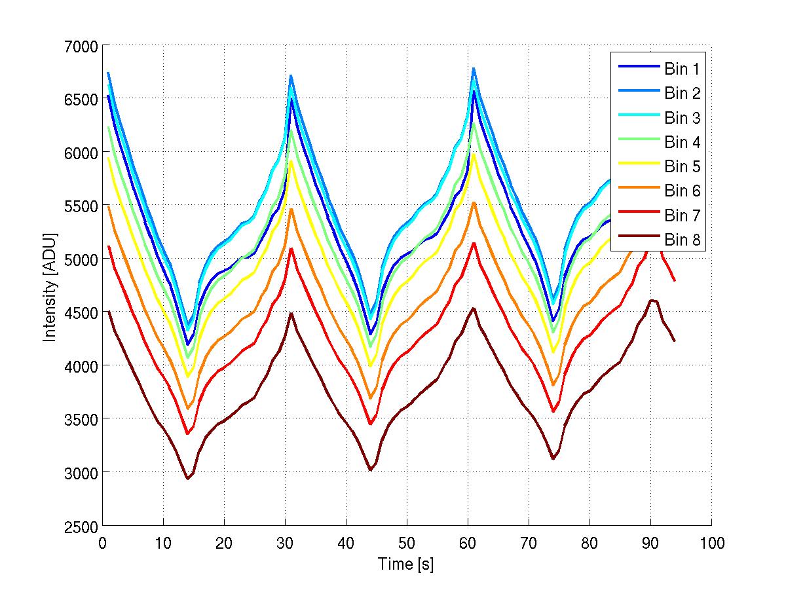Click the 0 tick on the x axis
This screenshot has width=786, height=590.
102,543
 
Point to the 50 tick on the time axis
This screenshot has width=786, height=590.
407,543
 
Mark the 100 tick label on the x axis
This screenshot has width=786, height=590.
711,543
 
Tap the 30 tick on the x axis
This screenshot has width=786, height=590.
285,543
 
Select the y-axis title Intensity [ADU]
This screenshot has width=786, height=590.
49,286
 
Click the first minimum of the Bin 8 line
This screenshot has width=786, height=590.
187,479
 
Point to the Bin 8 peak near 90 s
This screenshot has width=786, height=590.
651,300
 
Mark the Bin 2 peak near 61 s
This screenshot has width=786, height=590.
474,68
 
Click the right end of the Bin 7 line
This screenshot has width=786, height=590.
675,281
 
